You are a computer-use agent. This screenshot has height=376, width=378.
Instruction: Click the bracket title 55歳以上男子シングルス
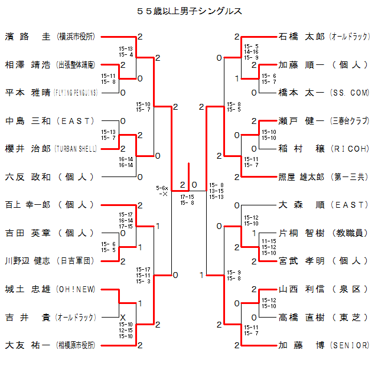189,11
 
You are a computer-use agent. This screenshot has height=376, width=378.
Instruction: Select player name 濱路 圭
28,37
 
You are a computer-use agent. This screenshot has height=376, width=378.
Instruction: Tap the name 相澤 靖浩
28,64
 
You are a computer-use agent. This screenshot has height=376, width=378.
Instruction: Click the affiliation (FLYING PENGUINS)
74,93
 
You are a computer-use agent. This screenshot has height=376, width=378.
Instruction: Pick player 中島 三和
28,121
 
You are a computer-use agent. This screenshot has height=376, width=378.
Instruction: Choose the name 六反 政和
28,176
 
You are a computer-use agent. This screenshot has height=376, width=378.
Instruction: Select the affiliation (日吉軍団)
74,261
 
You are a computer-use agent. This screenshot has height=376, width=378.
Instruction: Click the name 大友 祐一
28,345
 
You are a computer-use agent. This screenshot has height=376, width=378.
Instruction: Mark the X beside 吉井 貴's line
123,317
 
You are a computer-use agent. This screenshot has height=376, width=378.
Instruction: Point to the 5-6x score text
162,187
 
